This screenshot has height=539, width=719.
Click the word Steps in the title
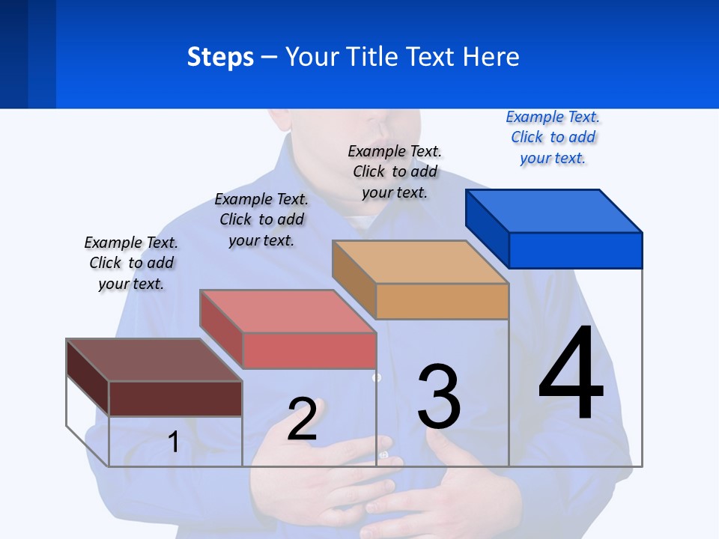[220, 57]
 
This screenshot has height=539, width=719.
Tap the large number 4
[571, 374]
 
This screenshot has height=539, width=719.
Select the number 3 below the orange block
[439, 397]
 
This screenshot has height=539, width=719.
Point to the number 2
[302, 419]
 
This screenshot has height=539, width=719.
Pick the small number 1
[173, 442]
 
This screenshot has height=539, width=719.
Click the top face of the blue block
[554, 211]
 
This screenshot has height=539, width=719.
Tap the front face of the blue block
[575, 250]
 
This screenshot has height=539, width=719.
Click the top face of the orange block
[421, 262]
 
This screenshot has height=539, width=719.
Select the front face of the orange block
[442, 301]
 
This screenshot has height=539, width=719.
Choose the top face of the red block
[288, 311]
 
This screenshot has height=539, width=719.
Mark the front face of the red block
[309, 350]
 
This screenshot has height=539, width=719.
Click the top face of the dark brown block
[154, 360]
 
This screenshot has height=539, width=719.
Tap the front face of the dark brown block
[175, 398]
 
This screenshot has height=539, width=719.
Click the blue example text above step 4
[553, 137]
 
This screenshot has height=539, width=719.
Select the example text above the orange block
[395, 171]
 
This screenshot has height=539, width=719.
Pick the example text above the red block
[261, 219]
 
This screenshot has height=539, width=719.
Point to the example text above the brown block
[131, 263]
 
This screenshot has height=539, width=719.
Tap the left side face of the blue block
[487, 228]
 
